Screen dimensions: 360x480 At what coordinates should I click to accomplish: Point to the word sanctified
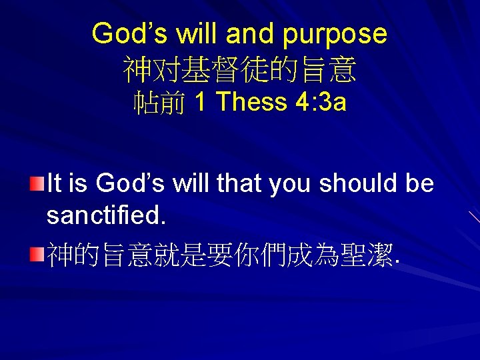click(x=104, y=215)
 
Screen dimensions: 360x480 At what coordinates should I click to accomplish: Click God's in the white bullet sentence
click(x=131, y=183)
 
